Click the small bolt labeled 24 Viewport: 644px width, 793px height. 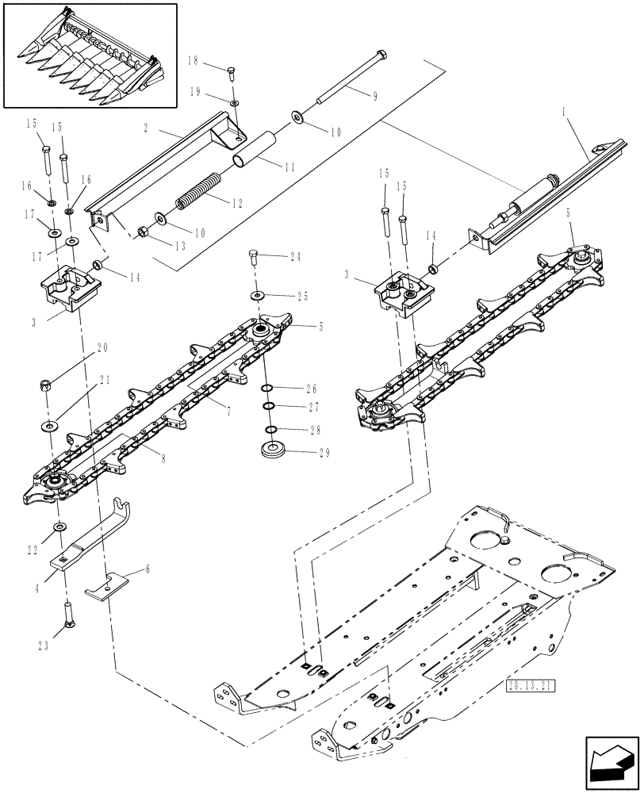pyautogui.click(x=255, y=257)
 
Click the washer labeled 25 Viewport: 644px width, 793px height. pyautogui.click(x=259, y=295)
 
